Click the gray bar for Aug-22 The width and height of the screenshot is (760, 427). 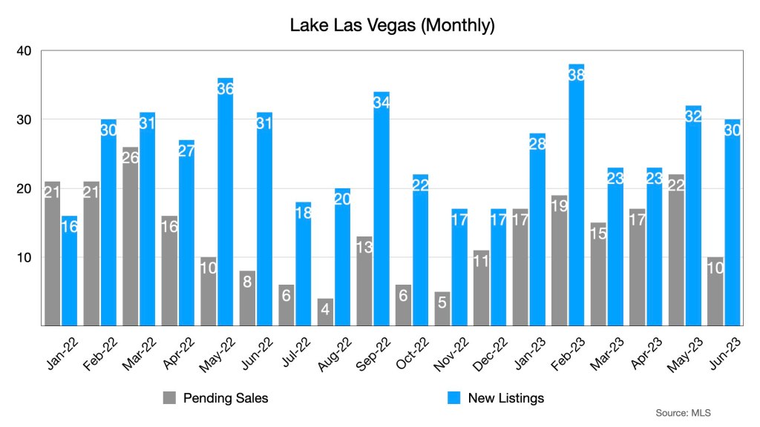point(325,311)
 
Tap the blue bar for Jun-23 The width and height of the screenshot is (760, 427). point(733,222)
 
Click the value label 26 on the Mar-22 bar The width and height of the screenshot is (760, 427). point(131,157)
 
